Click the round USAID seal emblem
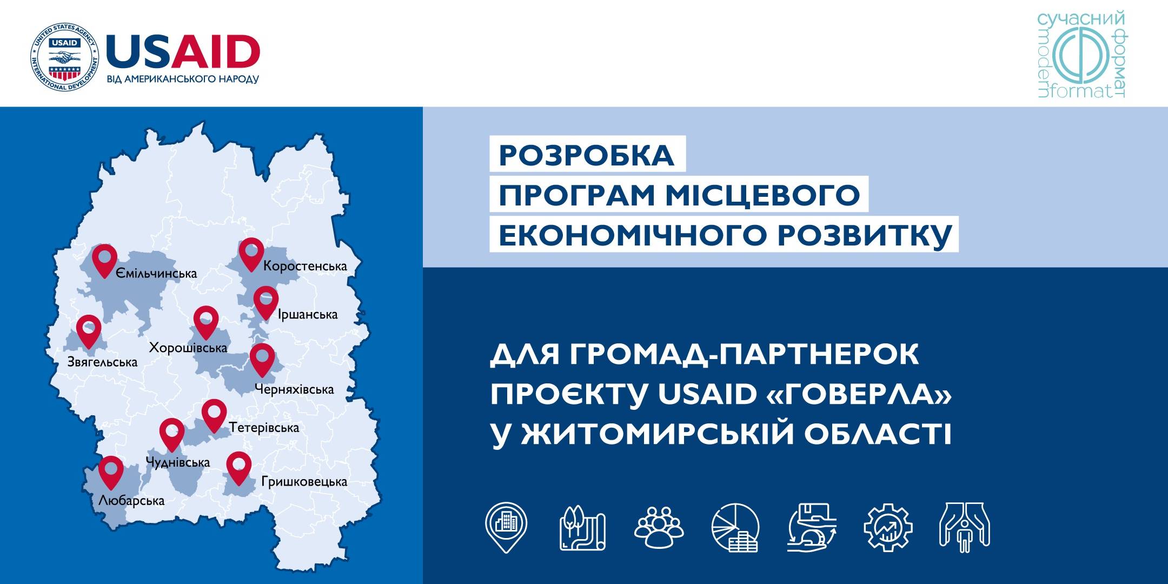(x=64, y=58)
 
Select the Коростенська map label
(x=305, y=266)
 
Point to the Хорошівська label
(x=188, y=348)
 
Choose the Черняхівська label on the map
(x=294, y=389)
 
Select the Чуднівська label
(x=178, y=462)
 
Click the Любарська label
(x=131, y=501)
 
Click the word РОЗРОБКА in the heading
(x=587, y=155)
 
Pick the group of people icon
(x=659, y=527)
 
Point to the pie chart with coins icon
(x=735, y=528)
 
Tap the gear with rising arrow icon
(x=888, y=527)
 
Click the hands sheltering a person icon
(x=965, y=527)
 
